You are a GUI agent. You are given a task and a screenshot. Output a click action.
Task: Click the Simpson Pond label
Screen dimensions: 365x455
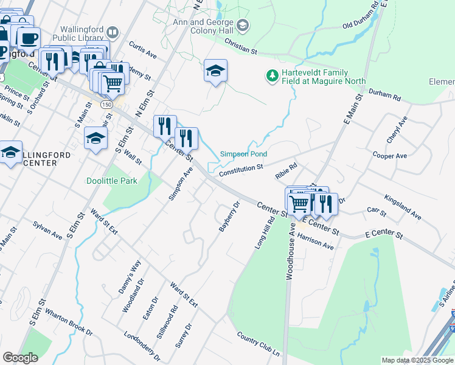click(x=243, y=155)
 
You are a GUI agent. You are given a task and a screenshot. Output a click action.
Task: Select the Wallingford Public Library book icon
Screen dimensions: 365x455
click(x=112, y=32)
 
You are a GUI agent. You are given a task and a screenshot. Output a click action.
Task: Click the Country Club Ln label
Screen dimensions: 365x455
click(x=258, y=345)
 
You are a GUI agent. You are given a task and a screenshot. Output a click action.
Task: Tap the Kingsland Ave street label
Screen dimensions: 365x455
click(x=402, y=207)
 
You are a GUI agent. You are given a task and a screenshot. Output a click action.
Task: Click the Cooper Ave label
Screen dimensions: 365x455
click(x=389, y=156)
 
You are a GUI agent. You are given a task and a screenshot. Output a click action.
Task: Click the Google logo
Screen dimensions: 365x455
click(x=20, y=358)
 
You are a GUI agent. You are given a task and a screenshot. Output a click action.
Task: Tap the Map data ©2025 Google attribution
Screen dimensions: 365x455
click(x=418, y=360)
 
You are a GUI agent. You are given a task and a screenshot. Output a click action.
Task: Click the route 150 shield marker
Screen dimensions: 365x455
click(x=106, y=105)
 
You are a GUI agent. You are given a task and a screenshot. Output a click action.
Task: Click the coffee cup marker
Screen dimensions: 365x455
click(x=29, y=39)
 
